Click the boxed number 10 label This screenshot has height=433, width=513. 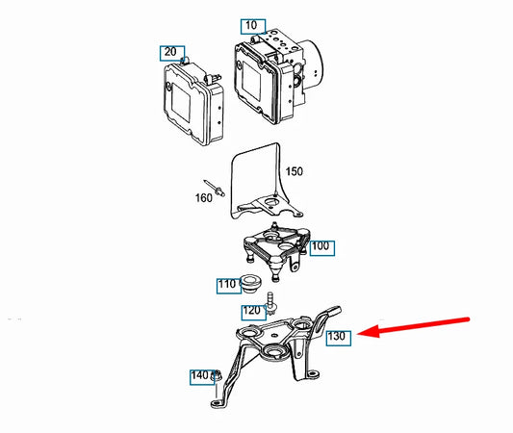[253, 27]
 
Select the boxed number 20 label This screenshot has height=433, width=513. [172, 53]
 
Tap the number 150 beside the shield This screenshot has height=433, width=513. [294, 171]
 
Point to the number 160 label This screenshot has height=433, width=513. [203, 198]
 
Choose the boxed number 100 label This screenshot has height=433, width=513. [321, 248]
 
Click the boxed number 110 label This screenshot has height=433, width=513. [229, 286]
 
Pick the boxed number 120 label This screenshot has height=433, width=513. [253, 313]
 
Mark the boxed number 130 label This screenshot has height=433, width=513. [339, 338]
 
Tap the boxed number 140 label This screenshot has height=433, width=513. [202, 377]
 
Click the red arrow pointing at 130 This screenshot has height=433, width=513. [413, 326]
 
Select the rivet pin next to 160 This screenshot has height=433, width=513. [215, 188]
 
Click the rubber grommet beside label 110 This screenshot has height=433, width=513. [251, 284]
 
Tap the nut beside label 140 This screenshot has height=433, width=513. [217, 376]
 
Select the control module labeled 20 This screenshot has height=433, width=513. [193, 101]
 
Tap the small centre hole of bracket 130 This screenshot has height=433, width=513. [274, 335]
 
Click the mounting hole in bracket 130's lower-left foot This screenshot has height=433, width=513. [217, 403]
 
